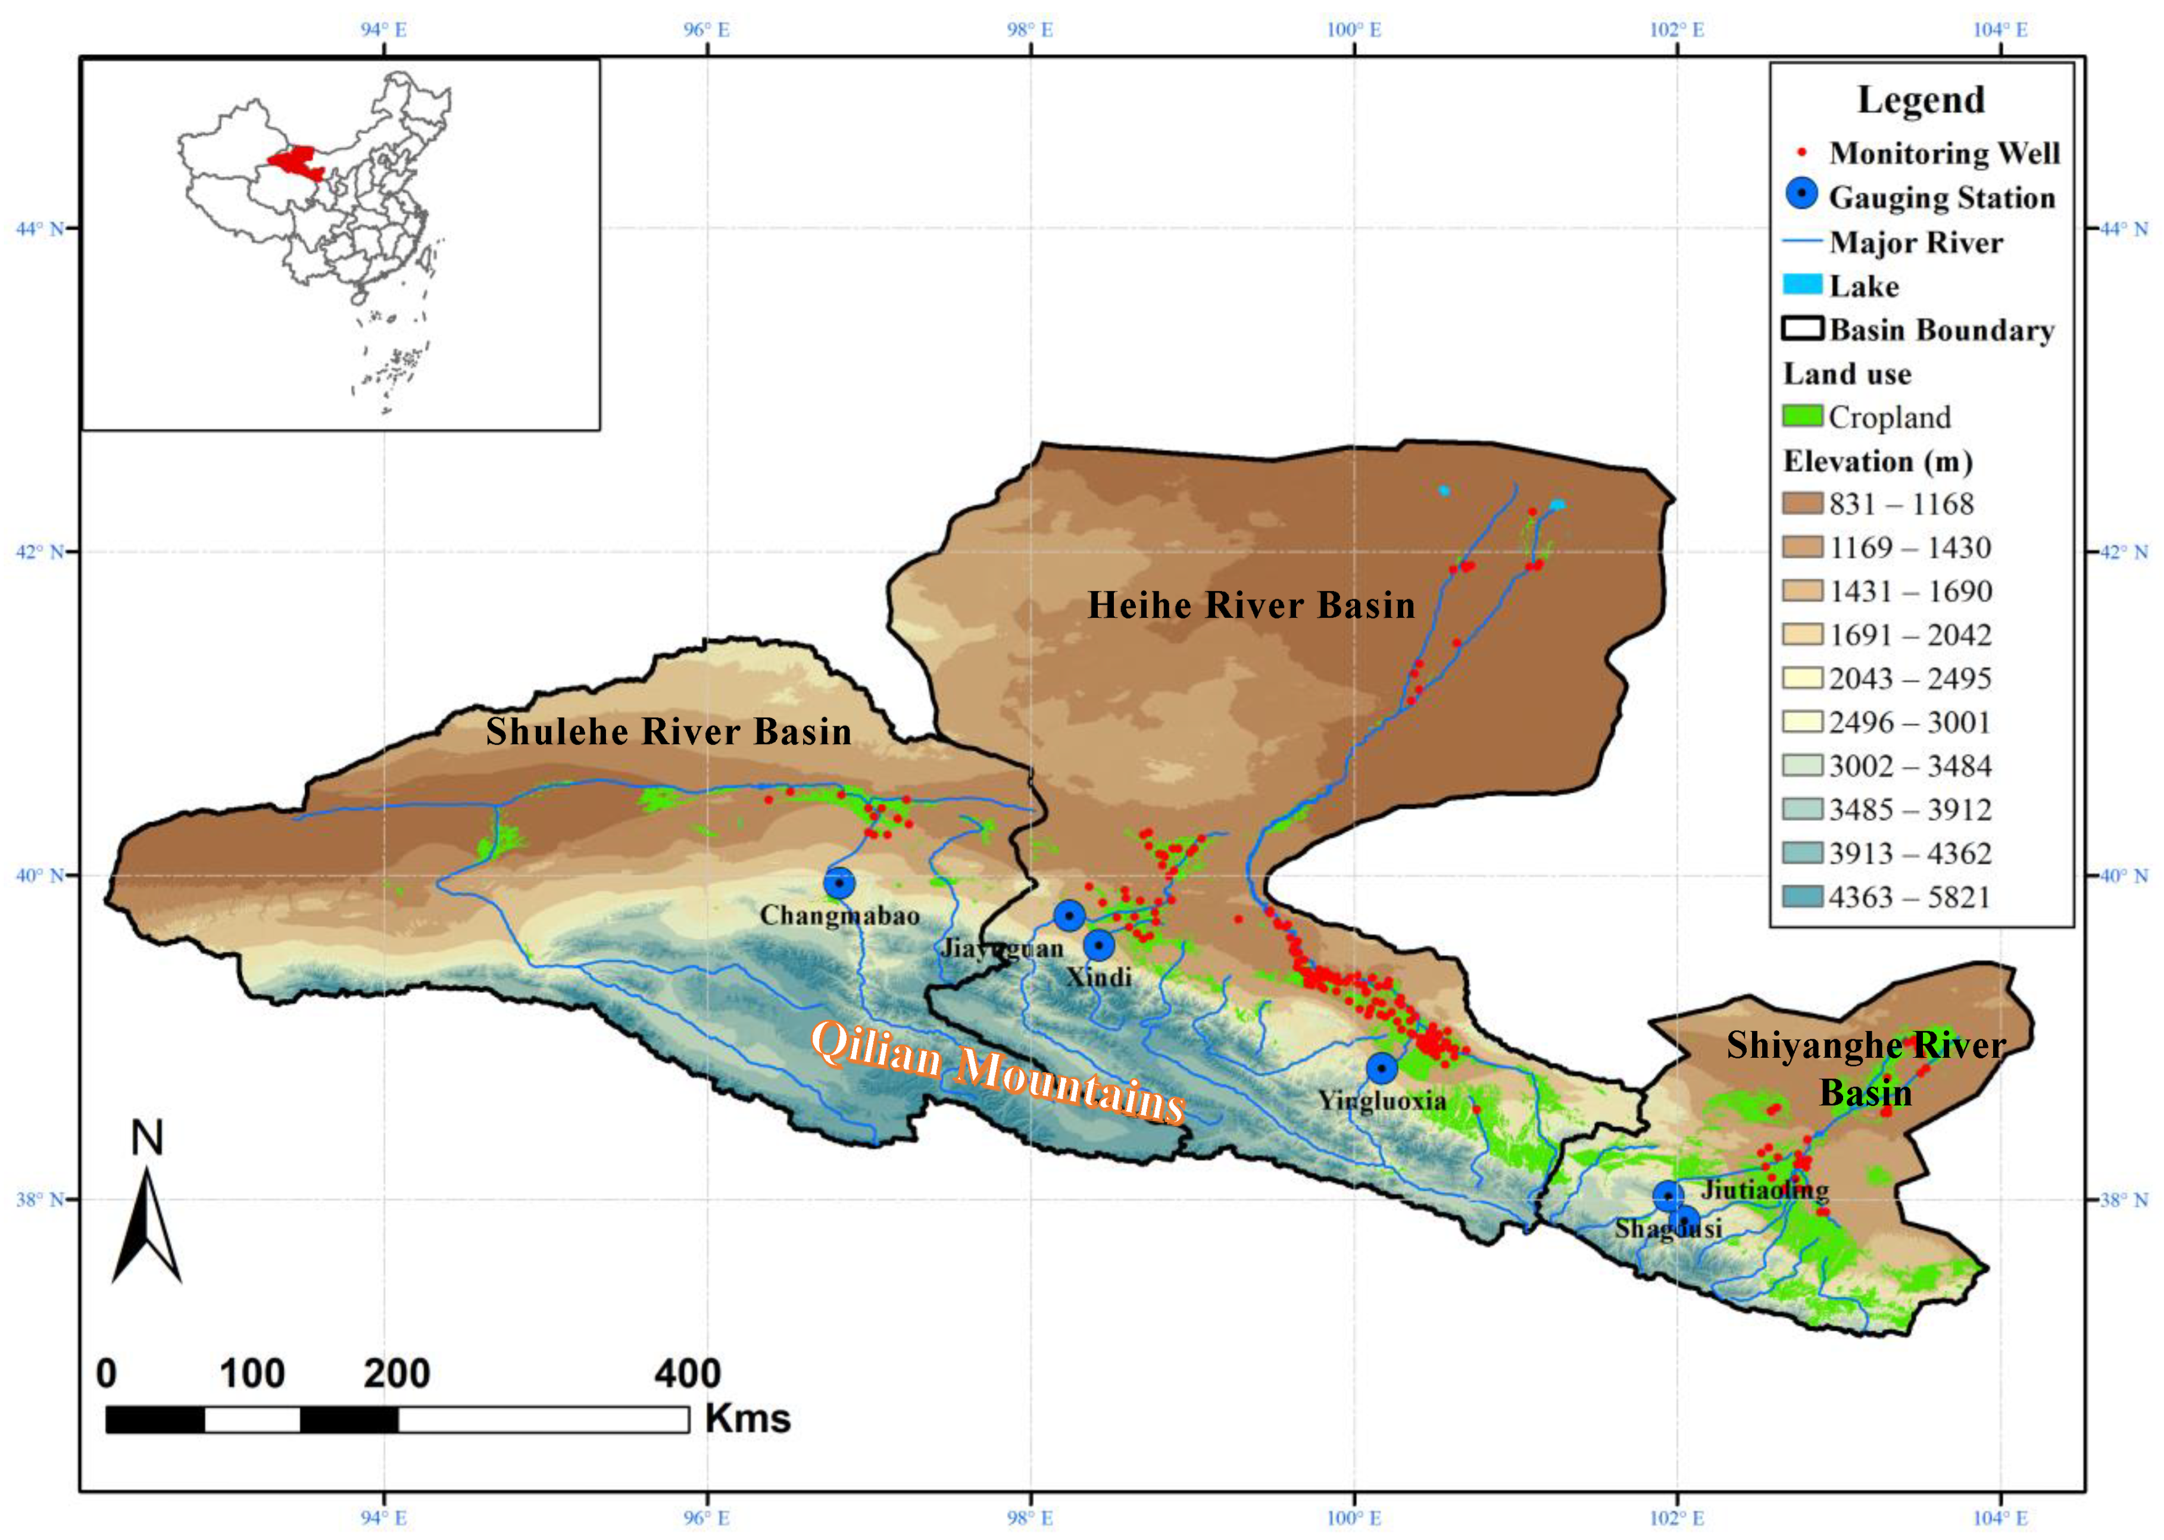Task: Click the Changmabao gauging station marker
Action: (x=838, y=883)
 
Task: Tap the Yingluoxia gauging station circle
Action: (x=1382, y=1068)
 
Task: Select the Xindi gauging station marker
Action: (x=1098, y=945)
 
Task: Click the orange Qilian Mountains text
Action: (x=998, y=1072)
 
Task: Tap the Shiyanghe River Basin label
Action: (x=1865, y=1068)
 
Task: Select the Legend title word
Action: (x=1921, y=99)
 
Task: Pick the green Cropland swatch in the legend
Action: (x=1802, y=416)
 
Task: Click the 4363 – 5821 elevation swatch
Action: (x=1802, y=896)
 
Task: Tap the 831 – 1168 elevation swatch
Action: (x=1802, y=502)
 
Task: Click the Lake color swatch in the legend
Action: (x=1802, y=285)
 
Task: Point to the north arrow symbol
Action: (x=147, y=1223)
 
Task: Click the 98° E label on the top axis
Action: (x=1030, y=29)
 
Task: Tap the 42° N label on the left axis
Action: (x=40, y=552)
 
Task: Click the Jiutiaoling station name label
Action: (x=1764, y=1189)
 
